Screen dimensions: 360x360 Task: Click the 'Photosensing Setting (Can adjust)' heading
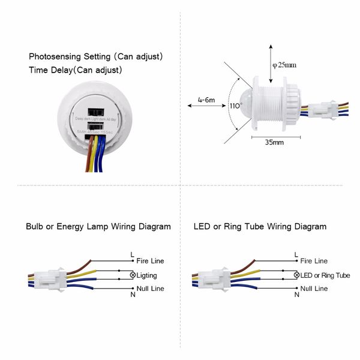pos(96,56)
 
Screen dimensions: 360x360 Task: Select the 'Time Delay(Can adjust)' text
pos(76,70)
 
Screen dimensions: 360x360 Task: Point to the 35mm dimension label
pos(274,143)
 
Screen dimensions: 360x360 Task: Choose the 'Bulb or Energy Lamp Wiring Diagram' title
pos(98,227)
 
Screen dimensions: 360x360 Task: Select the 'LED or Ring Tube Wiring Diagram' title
pos(260,227)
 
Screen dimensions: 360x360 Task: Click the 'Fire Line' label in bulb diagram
pos(150,262)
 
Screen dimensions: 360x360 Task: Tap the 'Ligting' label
pos(147,275)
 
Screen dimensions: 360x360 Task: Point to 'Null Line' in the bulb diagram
pos(149,289)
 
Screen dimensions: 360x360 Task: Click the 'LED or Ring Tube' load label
pos(325,275)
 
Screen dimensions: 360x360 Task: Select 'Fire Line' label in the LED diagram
pos(314,262)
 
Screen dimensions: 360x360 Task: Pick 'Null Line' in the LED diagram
pos(314,289)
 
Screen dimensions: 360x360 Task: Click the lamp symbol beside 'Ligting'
pos(133,275)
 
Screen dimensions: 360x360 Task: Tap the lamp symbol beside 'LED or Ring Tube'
pos(296,275)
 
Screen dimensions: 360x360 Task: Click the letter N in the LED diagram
pos(296,295)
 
